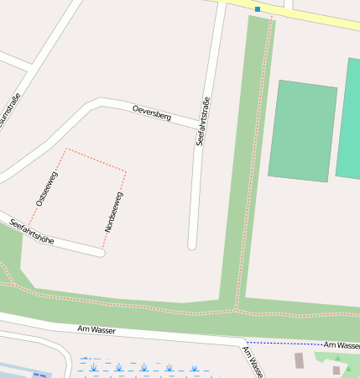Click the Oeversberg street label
(152, 113)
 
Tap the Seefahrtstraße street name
(201, 123)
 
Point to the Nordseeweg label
(114, 212)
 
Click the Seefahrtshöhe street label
(32, 231)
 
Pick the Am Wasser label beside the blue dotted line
(342, 345)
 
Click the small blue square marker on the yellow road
(258, 9)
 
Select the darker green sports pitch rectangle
(303, 130)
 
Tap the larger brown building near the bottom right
(299, 360)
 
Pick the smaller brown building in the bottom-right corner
(337, 370)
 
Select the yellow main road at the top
(319, 18)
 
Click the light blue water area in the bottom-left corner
(21, 370)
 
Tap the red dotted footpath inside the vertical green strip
(252, 168)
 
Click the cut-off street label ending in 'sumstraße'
(13, 113)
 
